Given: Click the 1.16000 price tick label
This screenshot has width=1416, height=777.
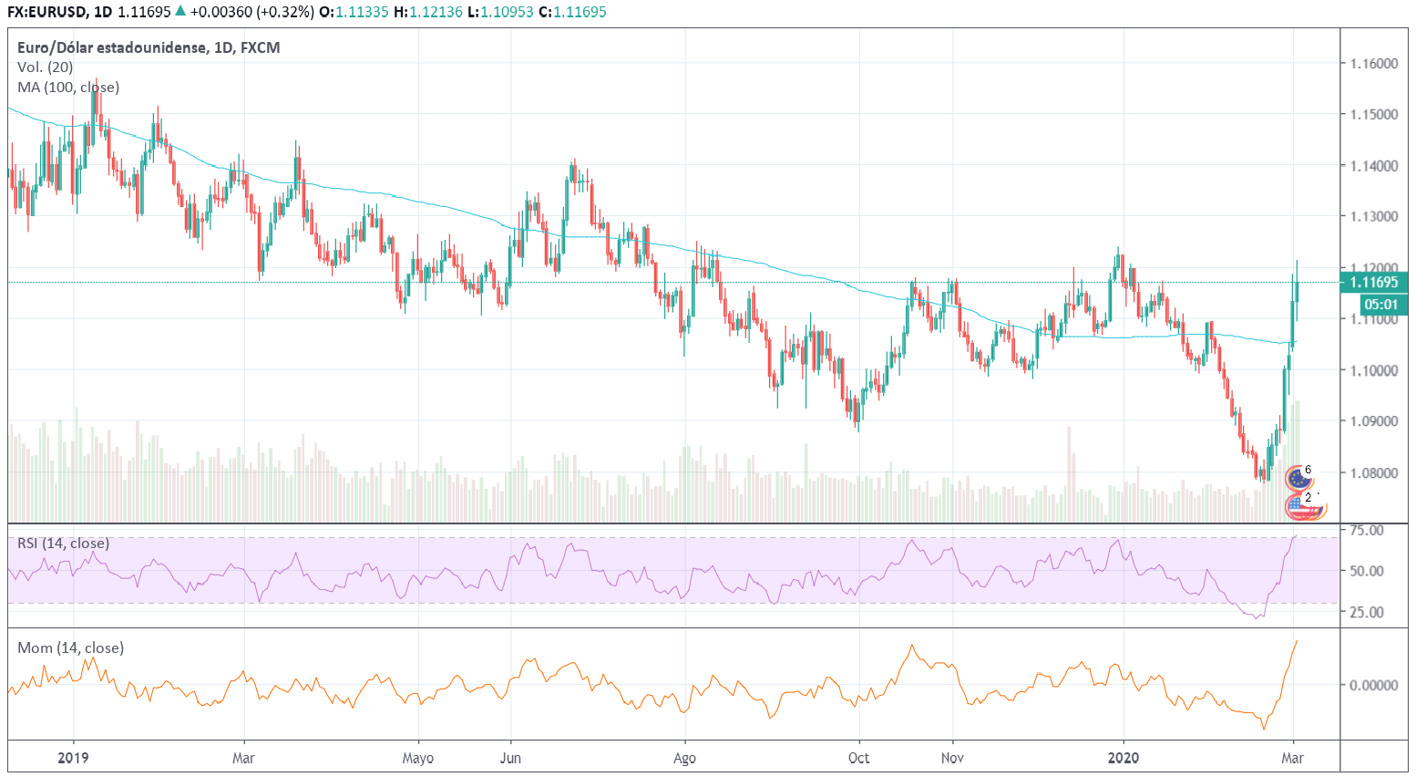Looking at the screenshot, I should [1374, 64].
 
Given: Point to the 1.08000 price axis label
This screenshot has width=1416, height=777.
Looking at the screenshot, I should [1374, 472].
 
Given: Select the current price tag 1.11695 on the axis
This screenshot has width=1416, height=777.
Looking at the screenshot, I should [1374, 283].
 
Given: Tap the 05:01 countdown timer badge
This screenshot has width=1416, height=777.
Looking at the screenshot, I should [1380, 305].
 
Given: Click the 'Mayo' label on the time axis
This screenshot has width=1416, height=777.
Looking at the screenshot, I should [418, 758].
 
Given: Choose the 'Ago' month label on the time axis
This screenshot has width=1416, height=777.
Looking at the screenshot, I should [684, 758].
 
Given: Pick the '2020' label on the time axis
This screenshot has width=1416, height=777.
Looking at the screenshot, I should [1123, 758].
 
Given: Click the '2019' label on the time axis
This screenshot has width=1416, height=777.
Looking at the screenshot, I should [73, 758].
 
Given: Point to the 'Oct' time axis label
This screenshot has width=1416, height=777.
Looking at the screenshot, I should [858, 758].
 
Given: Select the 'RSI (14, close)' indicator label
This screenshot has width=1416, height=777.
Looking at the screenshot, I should [63, 544].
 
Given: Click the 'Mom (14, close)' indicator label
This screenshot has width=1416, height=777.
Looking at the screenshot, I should [70, 647].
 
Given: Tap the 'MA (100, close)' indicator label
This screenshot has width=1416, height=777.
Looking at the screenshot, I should [68, 88].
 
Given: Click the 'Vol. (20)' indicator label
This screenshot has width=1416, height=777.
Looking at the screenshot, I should [45, 67].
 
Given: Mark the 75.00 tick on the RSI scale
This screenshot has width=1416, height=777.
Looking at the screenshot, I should [1367, 530].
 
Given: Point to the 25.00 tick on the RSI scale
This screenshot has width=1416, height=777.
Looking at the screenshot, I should [1367, 612].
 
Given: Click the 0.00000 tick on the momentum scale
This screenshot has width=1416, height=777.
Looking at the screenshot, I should [1373, 685].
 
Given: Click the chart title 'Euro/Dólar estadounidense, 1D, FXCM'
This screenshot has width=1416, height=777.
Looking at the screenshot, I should [149, 47].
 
